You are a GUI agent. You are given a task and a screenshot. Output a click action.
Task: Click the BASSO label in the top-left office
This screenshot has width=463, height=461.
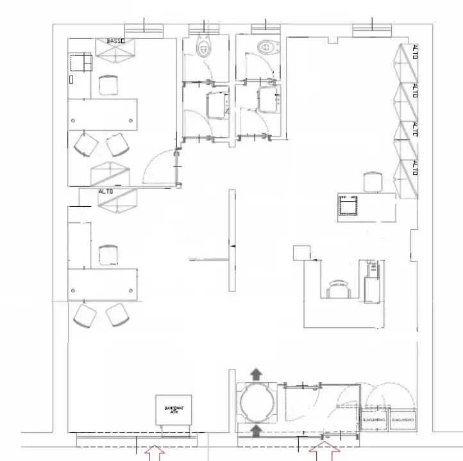click(115, 41)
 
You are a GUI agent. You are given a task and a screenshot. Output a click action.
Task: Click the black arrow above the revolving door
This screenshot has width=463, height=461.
click(257, 373)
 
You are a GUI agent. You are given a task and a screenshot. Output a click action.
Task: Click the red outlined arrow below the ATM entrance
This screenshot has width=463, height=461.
click(155, 453)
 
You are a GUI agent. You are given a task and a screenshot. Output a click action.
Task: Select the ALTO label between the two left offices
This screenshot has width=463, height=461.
click(106, 191)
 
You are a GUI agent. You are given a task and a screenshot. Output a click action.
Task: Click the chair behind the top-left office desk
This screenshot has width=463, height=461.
click(108, 85)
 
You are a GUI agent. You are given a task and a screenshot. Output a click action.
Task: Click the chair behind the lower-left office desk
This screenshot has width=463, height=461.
click(108, 254)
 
